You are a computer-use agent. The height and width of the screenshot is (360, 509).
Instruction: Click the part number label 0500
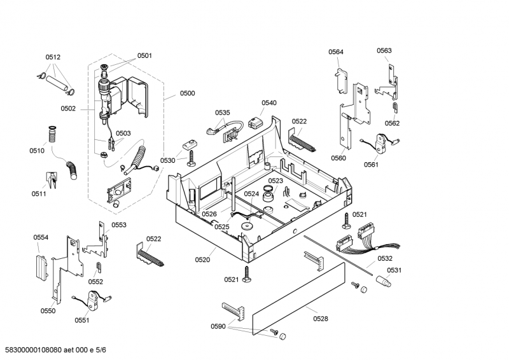tap(187, 93)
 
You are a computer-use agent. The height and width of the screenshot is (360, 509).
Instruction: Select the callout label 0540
tap(269, 102)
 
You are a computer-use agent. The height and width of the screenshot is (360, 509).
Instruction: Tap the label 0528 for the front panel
tap(321, 317)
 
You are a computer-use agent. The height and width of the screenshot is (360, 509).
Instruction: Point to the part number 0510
tap(37, 151)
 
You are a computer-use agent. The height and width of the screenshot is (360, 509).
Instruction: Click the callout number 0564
tap(336, 52)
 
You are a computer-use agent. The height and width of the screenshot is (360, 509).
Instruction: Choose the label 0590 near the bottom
tap(218, 326)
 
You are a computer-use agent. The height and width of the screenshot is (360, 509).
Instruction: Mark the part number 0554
tap(41, 237)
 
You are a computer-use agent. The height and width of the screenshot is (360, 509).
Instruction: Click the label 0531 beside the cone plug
tap(394, 270)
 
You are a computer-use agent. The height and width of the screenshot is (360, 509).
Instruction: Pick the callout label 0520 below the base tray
tap(202, 259)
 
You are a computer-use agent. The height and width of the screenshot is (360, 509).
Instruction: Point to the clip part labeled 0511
tap(52, 180)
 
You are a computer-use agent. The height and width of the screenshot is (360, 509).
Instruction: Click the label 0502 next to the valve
tap(68, 109)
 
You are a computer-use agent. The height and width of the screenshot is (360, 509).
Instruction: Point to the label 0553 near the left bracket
tap(119, 225)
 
